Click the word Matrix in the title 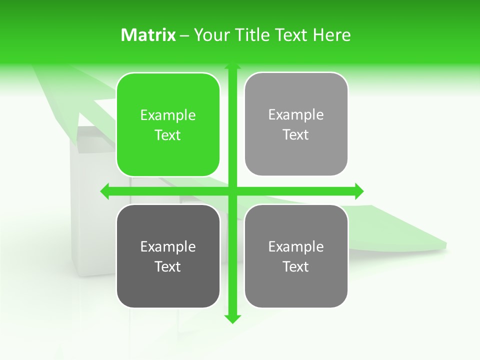click(148, 35)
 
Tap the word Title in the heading click(254, 35)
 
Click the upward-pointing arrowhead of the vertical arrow click(232, 66)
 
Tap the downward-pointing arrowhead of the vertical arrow click(232, 318)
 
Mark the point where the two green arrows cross click(232, 191)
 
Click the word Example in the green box click(168, 115)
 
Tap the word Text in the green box click(168, 135)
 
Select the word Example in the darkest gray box click(168, 246)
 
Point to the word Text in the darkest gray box click(168, 266)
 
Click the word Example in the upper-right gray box click(296, 115)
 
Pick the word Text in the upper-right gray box click(296, 135)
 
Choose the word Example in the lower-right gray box click(296, 246)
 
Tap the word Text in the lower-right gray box click(296, 266)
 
